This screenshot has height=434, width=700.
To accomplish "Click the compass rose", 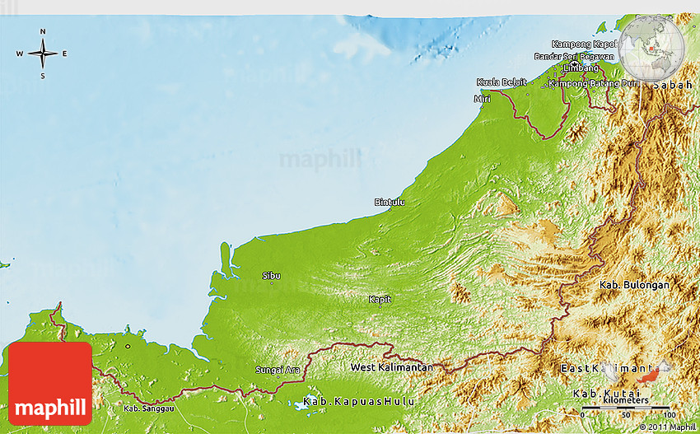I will [x=43, y=54].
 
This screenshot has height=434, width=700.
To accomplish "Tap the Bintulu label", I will [x=390, y=202].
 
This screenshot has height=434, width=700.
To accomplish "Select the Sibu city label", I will [x=271, y=275].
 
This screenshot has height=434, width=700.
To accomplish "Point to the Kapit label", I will [x=380, y=299].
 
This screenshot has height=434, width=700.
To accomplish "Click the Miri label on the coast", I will [x=482, y=99].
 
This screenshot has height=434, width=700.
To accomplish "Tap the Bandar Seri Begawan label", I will [x=574, y=56].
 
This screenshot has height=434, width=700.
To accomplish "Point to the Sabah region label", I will [x=673, y=85].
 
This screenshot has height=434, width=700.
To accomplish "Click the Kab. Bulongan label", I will [x=634, y=285].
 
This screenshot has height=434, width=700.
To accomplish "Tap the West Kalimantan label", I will [x=391, y=366].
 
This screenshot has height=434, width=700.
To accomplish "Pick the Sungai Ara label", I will [x=278, y=370].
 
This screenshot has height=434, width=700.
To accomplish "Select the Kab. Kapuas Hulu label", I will [x=358, y=401].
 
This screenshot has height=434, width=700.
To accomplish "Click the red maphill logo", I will [x=50, y=383].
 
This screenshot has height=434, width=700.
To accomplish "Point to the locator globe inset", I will [x=651, y=46].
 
